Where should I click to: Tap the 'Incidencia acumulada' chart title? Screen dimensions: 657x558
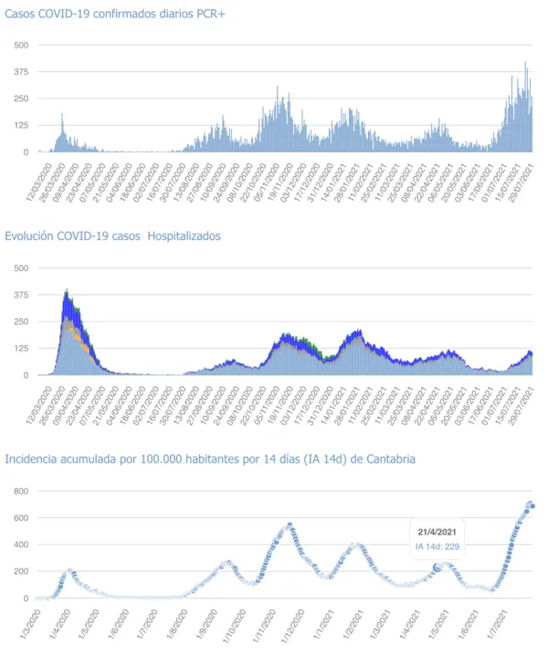pos(210,459)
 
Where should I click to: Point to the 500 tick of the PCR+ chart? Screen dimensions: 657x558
pos(20,45)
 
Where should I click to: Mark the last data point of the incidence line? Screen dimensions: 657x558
pos(532,506)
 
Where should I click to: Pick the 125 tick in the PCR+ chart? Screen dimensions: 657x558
pos(20,125)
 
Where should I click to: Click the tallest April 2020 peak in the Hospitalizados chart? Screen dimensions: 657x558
pos(67,292)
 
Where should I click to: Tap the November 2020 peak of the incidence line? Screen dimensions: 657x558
pos(290,525)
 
